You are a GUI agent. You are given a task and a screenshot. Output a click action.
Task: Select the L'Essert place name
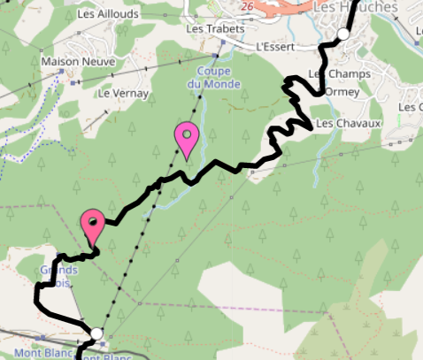[273, 46]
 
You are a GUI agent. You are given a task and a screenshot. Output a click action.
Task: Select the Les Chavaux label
[348, 123]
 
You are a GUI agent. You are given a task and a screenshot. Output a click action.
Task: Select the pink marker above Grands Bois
[93, 226]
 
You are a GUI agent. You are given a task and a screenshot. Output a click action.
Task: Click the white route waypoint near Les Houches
[342, 34]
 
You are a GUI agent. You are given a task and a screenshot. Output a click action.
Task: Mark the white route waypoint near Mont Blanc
[96, 333]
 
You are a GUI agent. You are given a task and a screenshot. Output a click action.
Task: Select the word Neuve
[89, 62]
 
